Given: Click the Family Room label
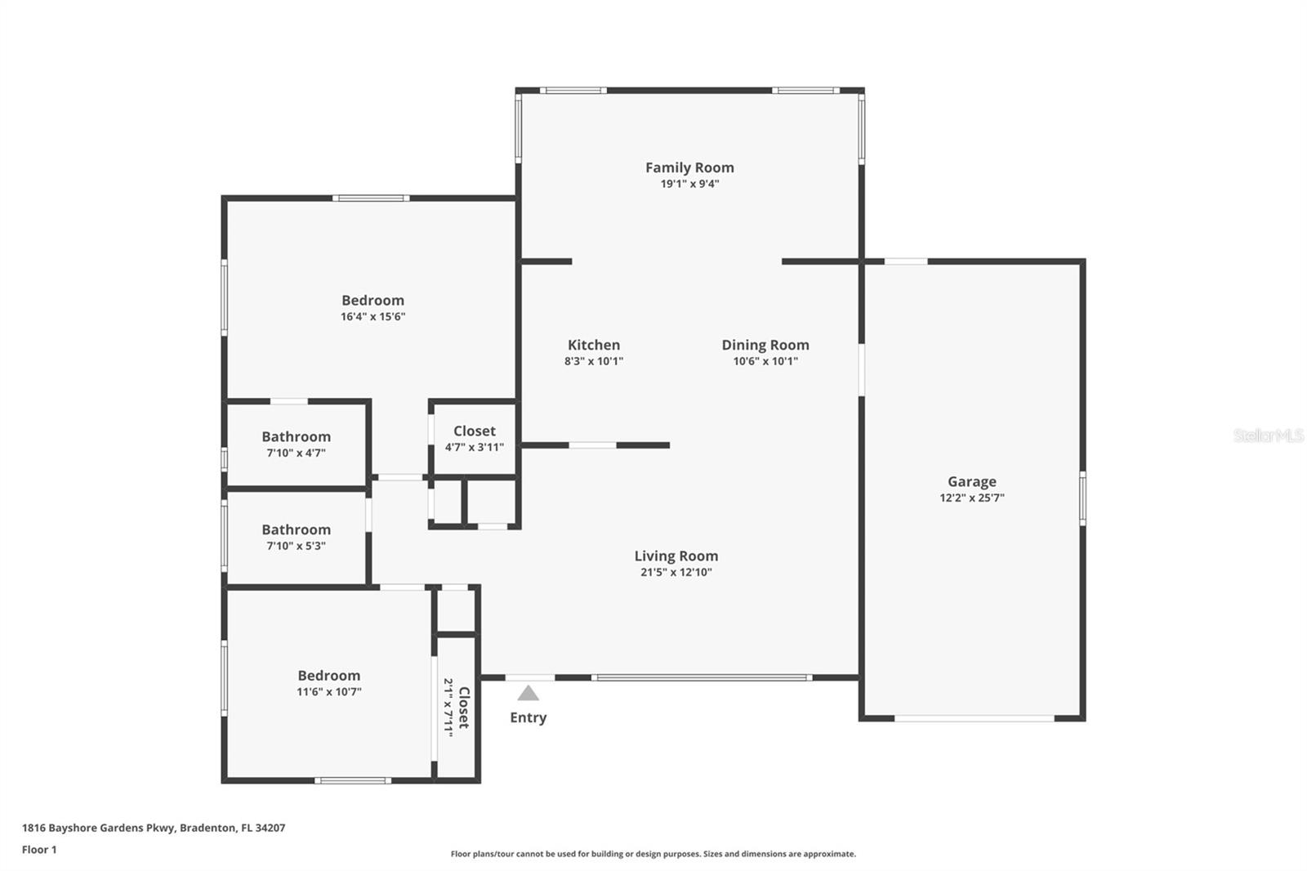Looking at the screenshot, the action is click(689, 167).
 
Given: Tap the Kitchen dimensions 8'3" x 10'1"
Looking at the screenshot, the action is click(594, 361).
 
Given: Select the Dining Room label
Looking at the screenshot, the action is click(765, 345).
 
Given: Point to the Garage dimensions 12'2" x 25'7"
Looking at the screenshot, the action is click(972, 498).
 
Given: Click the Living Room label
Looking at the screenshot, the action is click(676, 556).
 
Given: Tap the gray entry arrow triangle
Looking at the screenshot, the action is click(528, 693).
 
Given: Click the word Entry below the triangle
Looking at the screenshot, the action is click(528, 717).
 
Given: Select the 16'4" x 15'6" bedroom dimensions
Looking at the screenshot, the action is click(372, 316).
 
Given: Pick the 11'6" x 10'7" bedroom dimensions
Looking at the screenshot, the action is click(329, 692).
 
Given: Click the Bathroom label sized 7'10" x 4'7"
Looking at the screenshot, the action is click(297, 436).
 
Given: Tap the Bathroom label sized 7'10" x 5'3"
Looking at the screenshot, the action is click(297, 529).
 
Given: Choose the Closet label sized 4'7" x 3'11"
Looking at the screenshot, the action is click(475, 431).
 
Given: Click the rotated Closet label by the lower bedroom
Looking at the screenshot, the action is click(464, 708).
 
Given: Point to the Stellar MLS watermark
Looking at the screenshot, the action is click(1269, 435).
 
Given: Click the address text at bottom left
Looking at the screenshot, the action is click(154, 828).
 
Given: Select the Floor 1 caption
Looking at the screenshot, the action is click(39, 850).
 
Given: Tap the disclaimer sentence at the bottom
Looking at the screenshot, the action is click(653, 854).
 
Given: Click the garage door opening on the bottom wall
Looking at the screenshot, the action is click(975, 718).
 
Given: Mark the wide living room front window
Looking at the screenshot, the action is click(702, 678).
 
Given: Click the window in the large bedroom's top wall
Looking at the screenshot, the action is click(371, 199).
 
